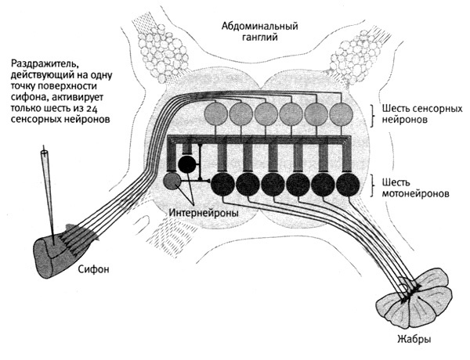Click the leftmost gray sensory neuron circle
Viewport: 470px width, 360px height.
pos(216,114)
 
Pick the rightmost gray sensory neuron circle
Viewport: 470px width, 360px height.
pos(342,114)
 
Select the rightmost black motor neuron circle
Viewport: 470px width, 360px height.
pos(346,185)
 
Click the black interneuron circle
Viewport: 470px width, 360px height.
pos(187,164)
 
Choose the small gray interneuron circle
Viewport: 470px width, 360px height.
pos(172,182)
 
